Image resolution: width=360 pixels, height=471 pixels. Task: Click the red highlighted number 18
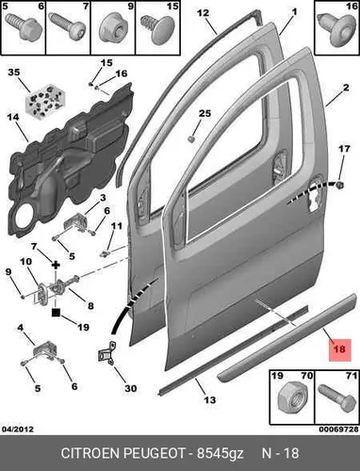(340, 349)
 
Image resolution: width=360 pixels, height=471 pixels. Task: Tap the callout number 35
(14, 73)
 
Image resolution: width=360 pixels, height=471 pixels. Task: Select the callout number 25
(205, 113)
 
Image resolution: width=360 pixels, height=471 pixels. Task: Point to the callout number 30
(131, 388)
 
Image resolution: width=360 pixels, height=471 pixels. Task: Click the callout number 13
(210, 399)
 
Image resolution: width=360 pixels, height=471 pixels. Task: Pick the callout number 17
(344, 149)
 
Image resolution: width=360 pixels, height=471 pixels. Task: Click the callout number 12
(203, 13)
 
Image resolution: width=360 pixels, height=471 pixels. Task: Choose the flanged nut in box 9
(113, 29)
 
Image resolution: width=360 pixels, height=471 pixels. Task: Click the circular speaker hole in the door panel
(23, 218)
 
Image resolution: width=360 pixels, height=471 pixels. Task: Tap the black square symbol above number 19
(56, 313)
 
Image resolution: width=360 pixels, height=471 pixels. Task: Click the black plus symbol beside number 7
(56, 266)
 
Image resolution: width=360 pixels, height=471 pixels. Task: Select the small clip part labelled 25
(191, 138)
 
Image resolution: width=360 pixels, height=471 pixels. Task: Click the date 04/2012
(18, 429)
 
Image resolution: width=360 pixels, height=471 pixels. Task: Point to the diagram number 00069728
(338, 429)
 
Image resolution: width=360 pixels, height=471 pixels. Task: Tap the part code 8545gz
(221, 454)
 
